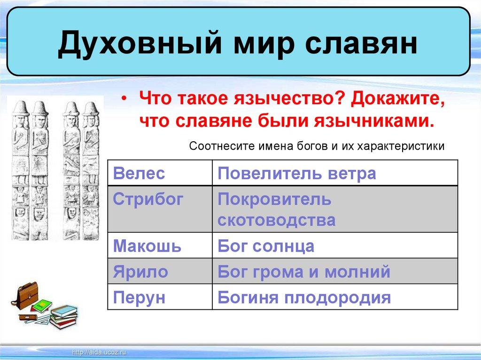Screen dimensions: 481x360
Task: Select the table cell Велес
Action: [160, 173]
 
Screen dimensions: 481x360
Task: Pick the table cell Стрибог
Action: [160, 209]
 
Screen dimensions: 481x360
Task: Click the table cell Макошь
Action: [160, 245]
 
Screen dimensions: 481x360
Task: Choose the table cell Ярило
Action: [160, 271]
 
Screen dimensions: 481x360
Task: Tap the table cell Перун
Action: [160, 297]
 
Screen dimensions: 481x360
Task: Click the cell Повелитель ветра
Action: [335, 173]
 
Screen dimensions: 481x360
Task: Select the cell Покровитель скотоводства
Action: [335, 209]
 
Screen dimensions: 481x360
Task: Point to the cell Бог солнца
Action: [335, 245]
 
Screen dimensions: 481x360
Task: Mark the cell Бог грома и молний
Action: [335, 271]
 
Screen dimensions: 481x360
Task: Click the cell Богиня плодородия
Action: [335, 297]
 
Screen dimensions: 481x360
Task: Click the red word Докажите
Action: [398, 100]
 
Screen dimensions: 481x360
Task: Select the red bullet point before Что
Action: [124, 99]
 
